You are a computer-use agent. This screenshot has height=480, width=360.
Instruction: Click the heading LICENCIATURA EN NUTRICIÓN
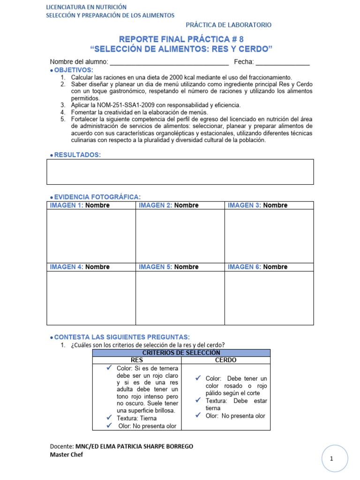pyautogui.click(x=86, y=7)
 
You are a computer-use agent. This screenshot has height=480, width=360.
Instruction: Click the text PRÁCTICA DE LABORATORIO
pyautogui.click(x=228, y=25)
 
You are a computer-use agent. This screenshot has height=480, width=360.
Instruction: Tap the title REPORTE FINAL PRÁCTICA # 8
pyautogui.click(x=181, y=39)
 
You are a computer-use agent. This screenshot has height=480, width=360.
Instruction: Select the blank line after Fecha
pyautogui.click(x=283, y=63)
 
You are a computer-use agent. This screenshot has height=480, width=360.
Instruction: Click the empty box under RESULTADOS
pyautogui.click(x=180, y=172)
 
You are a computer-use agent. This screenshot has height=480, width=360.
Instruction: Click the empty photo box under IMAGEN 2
pyautogui.click(x=180, y=236)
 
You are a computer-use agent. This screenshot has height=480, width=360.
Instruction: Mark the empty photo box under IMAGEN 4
pyautogui.click(x=91, y=298)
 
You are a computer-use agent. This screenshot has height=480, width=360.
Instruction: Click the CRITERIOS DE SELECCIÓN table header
pyautogui.click(x=181, y=352)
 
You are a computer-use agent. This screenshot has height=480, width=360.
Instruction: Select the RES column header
pyautogui.click(x=137, y=360)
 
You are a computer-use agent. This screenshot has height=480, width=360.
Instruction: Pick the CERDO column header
pyautogui.click(x=225, y=360)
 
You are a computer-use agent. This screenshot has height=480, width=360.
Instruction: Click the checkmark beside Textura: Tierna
pyautogui.click(x=109, y=418)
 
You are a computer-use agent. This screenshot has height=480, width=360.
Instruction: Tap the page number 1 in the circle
pyautogui.click(x=331, y=460)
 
